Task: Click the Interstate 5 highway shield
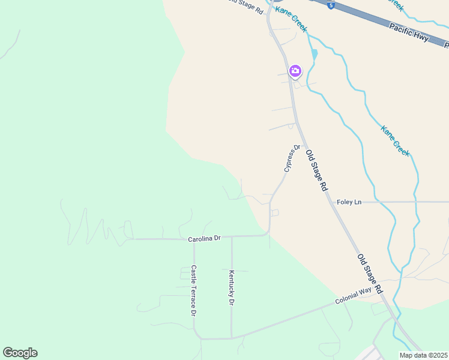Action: click(331, 5)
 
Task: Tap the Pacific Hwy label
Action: click(409, 32)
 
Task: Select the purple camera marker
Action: click(295, 71)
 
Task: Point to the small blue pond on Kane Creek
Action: click(315, 54)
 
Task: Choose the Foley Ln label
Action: click(349, 202)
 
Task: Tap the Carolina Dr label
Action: click(205, 238)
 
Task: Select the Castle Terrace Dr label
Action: click(194, 291)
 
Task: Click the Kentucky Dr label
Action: click(231, 288)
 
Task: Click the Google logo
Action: click(20, 353)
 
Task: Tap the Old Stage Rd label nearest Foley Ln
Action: click(316, 170)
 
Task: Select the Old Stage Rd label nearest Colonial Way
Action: click(370, 274)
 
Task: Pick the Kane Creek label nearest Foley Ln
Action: click(395, 140)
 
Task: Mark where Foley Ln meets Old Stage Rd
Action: click(332, 202)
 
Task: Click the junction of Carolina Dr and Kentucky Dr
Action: click(232, 236)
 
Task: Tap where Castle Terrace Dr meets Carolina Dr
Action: click(194, 239)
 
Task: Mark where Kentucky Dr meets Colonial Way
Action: click(232, 338)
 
